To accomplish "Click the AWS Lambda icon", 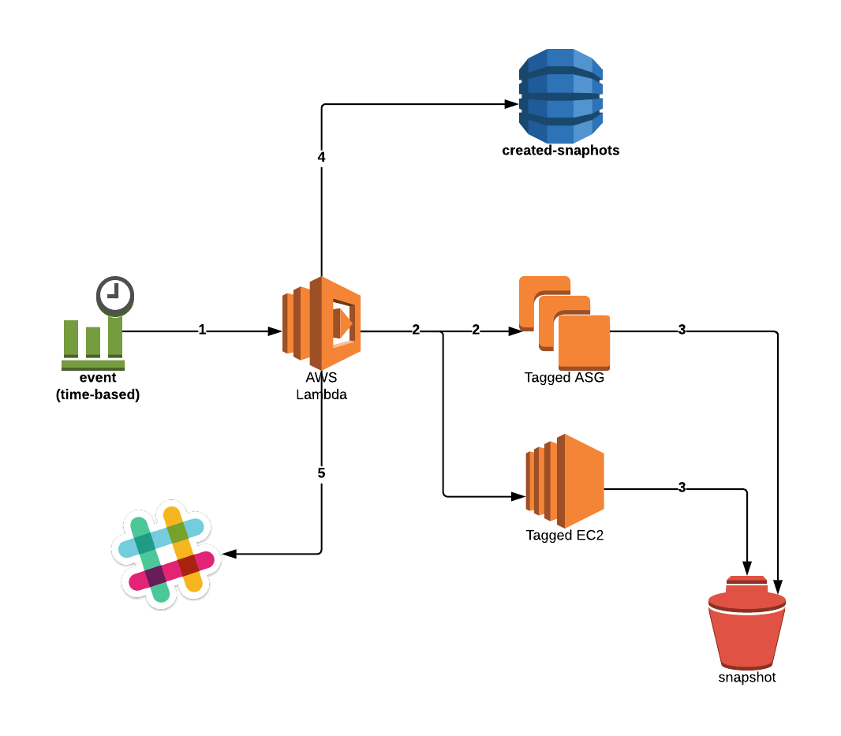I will pos(322,323).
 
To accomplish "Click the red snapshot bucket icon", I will pos(746,622).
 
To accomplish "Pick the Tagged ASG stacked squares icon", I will pos(564,323).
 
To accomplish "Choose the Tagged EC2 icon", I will pos(565,480).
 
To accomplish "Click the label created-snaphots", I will pos(560,150).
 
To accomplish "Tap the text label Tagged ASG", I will pos(564,378).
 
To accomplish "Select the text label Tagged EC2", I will pos(565,536).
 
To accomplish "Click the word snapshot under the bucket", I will pos(746,677).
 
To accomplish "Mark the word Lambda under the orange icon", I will pos(321,394).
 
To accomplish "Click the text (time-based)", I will pos(98,394).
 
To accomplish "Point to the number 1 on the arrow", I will pos(202,331).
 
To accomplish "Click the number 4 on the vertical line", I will pos(321,157).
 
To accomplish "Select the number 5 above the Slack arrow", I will pos(321,473).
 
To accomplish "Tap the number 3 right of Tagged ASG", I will pos(682,330).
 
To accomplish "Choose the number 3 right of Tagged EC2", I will pos(682,488).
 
